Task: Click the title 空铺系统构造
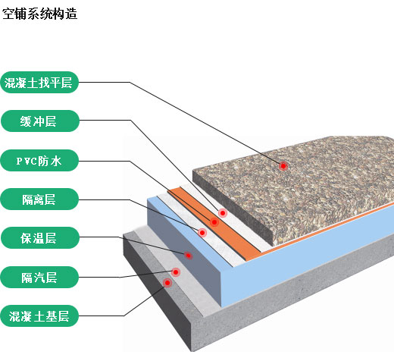pos(39,14)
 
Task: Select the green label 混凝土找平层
pos(39,83)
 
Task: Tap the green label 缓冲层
pos(40,121)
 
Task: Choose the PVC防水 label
pos(39,161)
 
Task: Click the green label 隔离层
pos(39,199)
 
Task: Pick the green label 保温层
pos(40,238)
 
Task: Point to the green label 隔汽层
pos(39,278)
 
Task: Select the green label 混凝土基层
pos(39,316)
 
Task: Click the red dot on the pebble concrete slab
pos(283,166)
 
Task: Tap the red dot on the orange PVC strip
pos(214,222)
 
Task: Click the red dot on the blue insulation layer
pos(188,256)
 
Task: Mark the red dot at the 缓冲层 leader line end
pos(223,213)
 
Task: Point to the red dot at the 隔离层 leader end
pos(202,233)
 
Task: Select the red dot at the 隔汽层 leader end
pos(176,272)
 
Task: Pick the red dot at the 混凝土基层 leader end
pos(167,283)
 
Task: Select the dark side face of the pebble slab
pos(233,206)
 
